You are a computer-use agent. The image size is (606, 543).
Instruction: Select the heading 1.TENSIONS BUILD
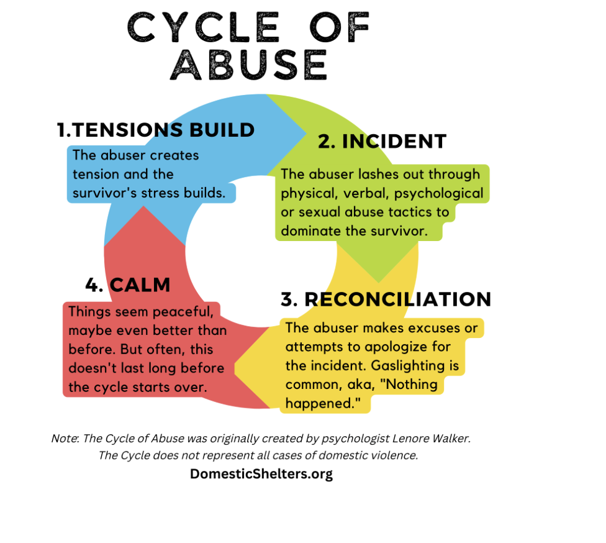pos(156,130)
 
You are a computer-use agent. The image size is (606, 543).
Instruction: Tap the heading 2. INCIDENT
pos(382,142)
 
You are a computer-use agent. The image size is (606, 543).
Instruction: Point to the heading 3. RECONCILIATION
pos(386,299)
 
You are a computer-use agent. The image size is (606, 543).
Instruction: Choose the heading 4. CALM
pos(128,285)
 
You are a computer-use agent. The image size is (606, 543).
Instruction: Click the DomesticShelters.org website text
pos(261,474)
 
